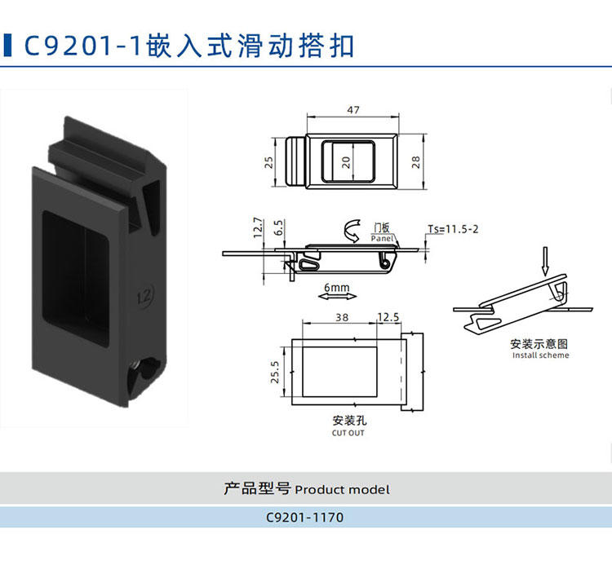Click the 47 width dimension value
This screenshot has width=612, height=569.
pos(353,110)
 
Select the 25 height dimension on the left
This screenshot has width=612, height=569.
pos(269,162)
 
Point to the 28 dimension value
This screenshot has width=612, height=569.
pos(416,162)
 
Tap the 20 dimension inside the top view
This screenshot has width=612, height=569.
pos(346,162)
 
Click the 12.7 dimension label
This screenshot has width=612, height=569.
pos(258,227)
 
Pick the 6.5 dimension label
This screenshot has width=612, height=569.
pos(278,227)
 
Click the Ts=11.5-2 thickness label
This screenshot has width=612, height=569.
pos(453,229)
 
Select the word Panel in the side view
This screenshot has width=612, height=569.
pos(382,238)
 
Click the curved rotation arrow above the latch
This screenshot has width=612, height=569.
pos(352,232)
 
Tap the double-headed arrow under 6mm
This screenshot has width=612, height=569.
pos(337,297)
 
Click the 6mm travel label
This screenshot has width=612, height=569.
pos(337,288)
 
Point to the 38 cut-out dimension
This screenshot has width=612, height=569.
pos(342,317)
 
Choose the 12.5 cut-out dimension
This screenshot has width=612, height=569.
pos(388,317)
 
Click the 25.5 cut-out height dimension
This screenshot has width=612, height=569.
pos(275,372)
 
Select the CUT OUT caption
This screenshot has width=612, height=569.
pos(348,433)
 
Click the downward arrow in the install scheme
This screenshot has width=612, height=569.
pos(546,261)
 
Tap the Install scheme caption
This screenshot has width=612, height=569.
pos(540,355)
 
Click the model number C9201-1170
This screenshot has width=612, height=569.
pos(305,518)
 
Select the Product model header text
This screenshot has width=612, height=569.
pos(342,490)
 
